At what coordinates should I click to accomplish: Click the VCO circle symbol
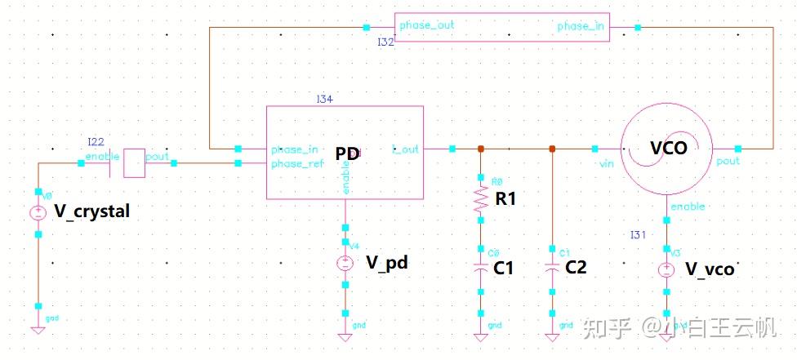[x=668, y=149]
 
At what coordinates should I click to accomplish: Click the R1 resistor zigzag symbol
[x=480, y=198]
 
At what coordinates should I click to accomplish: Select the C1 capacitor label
[x=503, y=268]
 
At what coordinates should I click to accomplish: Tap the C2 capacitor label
[x=576, y=268]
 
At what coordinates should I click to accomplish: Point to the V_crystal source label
[x=91, y=211]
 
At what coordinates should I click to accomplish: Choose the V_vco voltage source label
[x=709, y=269]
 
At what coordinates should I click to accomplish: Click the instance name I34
[x=325, y=99]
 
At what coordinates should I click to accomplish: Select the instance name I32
[x=385, y=41]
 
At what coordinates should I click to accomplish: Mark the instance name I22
[x=96, y=142]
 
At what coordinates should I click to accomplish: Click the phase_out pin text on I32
[x=426, y=25]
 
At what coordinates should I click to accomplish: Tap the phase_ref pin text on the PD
[x=297, y=164]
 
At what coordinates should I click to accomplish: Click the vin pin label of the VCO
[x=606, y=164]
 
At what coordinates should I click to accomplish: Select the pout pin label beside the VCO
[x=728, y=161]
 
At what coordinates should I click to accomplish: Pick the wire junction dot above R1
[x=480, y=149]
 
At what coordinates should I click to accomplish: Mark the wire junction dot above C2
[x=553, y=149]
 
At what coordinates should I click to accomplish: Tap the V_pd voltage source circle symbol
[x=345, y=263]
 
